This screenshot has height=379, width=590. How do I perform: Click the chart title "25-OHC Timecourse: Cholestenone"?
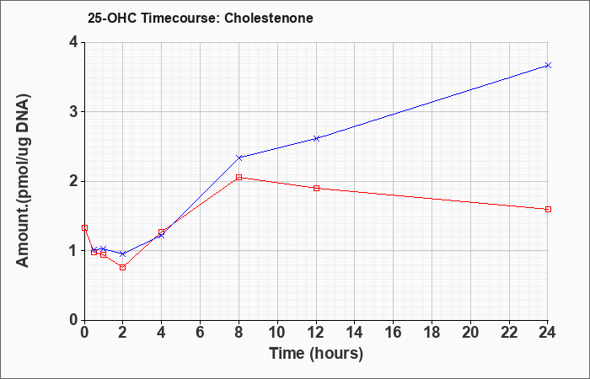pos(201,18)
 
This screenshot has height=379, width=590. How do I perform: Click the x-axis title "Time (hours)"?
pos(316,354)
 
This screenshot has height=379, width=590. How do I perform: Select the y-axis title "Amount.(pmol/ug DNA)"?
pos(24,181)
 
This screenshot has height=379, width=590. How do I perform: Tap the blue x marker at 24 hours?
pos(548,66)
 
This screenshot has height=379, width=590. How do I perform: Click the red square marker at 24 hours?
pos(548,209)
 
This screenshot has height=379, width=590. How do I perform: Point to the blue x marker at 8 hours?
pos(239,157)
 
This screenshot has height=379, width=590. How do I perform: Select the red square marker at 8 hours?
pos(239,177)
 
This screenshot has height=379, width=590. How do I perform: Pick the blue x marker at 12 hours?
pos(316,138)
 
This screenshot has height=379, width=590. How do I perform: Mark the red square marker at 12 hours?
pos(316,188)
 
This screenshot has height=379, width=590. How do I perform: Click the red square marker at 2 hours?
pos(123,267)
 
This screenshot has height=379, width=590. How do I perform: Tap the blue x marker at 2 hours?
pos(123,254)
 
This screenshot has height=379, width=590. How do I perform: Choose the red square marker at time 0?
pos(84,228)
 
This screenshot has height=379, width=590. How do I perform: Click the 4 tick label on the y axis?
pos(73,42)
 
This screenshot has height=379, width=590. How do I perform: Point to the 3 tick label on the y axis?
pos(73,112)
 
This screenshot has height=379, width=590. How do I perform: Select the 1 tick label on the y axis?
pos(73,251)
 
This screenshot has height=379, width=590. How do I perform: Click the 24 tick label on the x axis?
pos(547,333)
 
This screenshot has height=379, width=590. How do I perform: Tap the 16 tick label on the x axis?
pos(393,333)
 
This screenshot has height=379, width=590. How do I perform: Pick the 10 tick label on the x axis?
pos(277,333)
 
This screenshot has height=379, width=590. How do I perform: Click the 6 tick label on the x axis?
pos(200,333)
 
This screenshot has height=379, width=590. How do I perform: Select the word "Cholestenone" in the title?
pos(269,18)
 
